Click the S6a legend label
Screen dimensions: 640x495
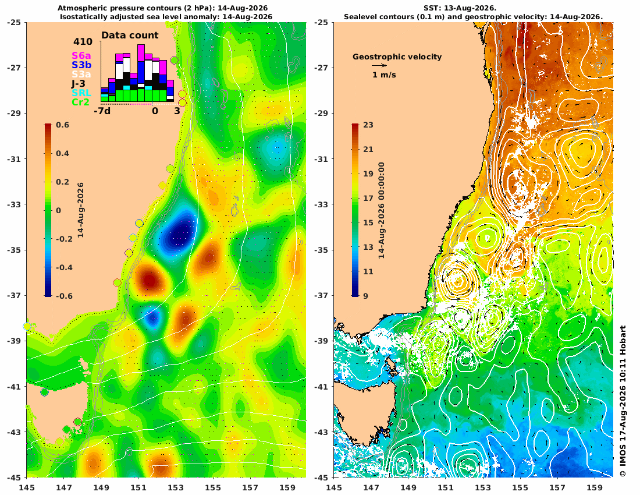[81, 55]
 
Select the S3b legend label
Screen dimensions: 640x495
[81, 65]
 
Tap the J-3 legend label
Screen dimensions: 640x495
[79, 84]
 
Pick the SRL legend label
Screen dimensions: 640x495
[81, 93]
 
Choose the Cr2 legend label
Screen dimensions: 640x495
[80, 102]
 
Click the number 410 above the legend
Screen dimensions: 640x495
[83, 42]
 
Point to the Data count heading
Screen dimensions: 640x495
[130, 36]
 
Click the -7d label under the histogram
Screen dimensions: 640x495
[102, 111]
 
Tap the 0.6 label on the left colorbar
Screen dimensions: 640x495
[62, 125]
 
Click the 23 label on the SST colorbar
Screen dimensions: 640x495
[368, 125]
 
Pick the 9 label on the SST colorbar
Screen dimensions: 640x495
[365, 296]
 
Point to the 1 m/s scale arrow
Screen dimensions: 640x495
[379, 65]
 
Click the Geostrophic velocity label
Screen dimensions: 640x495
[397, 57]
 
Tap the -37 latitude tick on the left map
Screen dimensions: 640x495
[16, 296]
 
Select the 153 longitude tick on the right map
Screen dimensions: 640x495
[483, 487]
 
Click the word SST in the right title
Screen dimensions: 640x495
[432, 8]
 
